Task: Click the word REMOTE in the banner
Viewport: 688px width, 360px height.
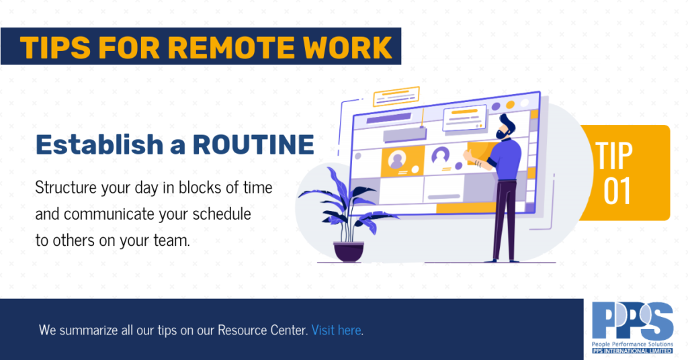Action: coord(231,47)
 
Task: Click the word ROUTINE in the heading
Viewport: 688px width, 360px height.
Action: coord(253,144)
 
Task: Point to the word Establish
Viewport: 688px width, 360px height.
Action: coord(99,144)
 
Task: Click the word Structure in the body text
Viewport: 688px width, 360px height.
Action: coord(66,187)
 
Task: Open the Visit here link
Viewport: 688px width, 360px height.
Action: coord(337,330)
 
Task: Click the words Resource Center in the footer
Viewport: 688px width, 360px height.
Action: coord(263,330)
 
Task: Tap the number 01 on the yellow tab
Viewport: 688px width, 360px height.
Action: coord(617,191)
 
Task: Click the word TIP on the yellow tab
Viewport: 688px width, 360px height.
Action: coord(614,156)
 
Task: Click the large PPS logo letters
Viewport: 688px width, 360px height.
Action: coord(632,321)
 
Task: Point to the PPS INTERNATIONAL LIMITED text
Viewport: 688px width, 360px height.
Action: coord(632,351)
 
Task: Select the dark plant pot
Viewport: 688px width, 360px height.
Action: coord(349,252)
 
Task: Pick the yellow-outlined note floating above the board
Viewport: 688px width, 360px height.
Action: coord(396,97)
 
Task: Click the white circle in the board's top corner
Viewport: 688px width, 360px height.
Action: coord(524,103)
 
